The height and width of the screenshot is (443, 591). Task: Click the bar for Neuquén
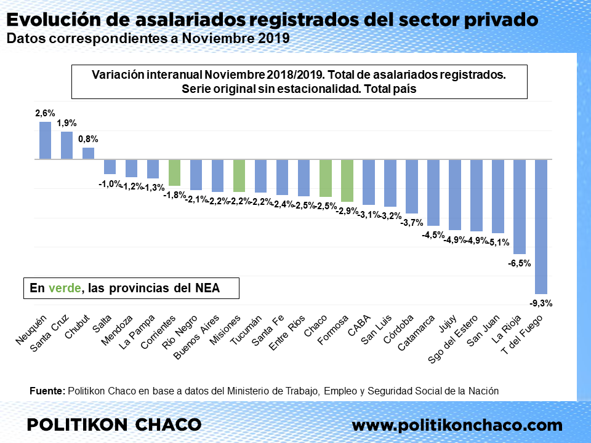(x=45, y=140)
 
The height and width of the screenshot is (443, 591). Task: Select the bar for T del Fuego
(x=541, y=226)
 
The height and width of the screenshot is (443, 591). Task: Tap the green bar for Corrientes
(x=174, y=172)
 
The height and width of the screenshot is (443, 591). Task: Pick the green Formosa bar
(x=347, y=180)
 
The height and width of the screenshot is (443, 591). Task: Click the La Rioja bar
(x=520, y=206)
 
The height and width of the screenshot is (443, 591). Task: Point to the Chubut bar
(x=88, y=153)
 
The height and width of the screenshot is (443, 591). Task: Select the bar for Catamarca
(x=433, y=192)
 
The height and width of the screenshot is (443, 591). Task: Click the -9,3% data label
(x=541, y=303)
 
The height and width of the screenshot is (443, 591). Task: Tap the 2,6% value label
(x=45, y=113)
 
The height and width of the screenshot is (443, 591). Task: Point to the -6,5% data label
(x=520, y=263)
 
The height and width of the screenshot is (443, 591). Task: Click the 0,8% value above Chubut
(x=88, y=139)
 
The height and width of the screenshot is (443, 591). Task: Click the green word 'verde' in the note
(x=65, y=288)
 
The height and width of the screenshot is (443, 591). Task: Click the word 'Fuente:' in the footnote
(x=47, y=391)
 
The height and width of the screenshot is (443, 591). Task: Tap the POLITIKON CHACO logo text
(x=115, y=425)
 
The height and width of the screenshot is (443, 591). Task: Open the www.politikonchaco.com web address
(x=457, y=425)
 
